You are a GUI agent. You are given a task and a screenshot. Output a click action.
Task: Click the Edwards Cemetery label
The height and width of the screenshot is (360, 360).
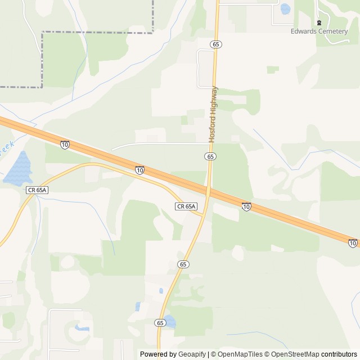[319, 31]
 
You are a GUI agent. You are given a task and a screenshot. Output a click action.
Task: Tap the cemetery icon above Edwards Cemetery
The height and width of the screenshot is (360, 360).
[319, 22]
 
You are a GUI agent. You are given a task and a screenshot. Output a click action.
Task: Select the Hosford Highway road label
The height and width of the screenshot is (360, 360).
[213, 114]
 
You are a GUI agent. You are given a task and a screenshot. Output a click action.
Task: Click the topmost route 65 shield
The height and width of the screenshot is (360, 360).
[216, 44]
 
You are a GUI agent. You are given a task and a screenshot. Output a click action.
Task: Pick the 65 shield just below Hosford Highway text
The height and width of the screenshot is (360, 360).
[210, 156]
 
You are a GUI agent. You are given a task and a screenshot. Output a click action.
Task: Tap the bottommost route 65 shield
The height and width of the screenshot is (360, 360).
[160, 323]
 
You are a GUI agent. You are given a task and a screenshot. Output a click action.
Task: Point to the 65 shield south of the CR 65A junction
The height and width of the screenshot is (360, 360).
[183, 264]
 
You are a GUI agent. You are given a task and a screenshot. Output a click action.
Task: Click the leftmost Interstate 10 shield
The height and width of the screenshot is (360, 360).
[65, 145]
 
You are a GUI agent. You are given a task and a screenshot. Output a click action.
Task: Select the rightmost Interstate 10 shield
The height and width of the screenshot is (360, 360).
[353, 243]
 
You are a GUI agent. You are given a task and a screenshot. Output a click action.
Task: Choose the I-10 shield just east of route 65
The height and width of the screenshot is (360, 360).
[246, 207]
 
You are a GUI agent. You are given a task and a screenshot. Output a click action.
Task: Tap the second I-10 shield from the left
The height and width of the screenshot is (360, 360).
[139, 170]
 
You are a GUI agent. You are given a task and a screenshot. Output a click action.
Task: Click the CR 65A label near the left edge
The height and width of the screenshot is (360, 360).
[37, 190]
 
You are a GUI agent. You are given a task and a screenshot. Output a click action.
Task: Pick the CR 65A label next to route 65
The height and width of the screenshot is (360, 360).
[187, 206]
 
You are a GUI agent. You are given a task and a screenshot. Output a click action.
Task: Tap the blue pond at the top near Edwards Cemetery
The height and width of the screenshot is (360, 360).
[285, 9]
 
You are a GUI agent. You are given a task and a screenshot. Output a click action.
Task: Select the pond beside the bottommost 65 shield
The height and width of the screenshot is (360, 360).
[169, 322]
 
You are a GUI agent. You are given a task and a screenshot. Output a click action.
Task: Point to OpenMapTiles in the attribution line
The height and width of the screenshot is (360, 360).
[240, 354]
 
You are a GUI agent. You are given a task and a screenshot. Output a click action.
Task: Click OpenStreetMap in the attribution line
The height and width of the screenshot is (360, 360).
[294, 354]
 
